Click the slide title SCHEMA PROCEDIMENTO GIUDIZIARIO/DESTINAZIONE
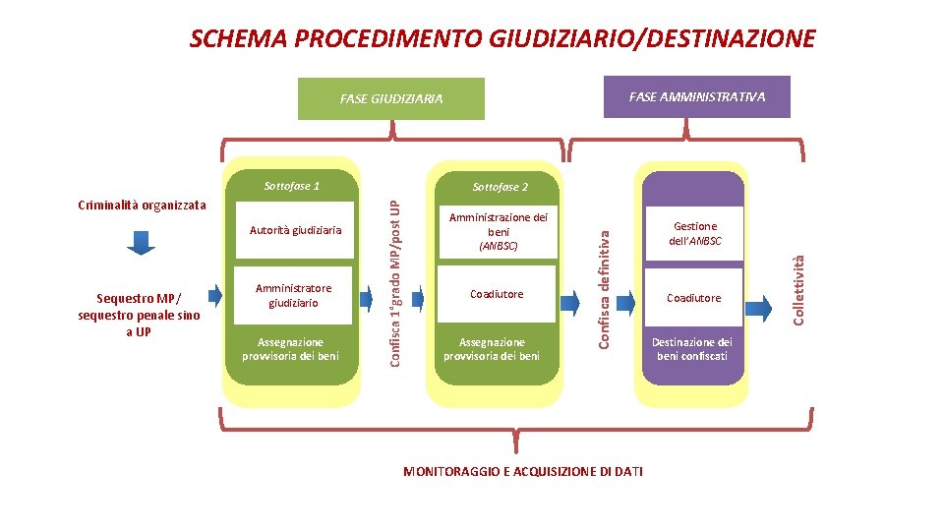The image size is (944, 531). [501, 39]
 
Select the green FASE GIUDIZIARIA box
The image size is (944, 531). [390, 98]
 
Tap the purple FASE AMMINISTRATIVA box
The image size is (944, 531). [696, 96]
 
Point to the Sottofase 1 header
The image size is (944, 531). [292, 186]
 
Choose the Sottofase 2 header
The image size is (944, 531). [500, 187]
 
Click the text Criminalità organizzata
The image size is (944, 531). [142, 206]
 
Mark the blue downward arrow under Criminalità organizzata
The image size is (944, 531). [142, 242]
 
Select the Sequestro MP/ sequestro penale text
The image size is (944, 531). [139, 314]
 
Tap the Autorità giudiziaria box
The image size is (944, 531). [295, 230]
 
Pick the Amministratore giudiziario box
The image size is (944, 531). [293, 295]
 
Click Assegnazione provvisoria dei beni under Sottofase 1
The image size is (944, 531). [290, 349]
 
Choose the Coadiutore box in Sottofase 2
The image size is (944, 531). [497, 294]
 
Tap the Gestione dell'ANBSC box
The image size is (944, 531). [693, 233]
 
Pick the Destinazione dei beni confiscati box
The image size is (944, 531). [693, 349]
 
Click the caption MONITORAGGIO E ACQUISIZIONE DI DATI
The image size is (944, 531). [523, 472]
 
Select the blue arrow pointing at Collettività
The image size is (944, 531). [759, 307]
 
